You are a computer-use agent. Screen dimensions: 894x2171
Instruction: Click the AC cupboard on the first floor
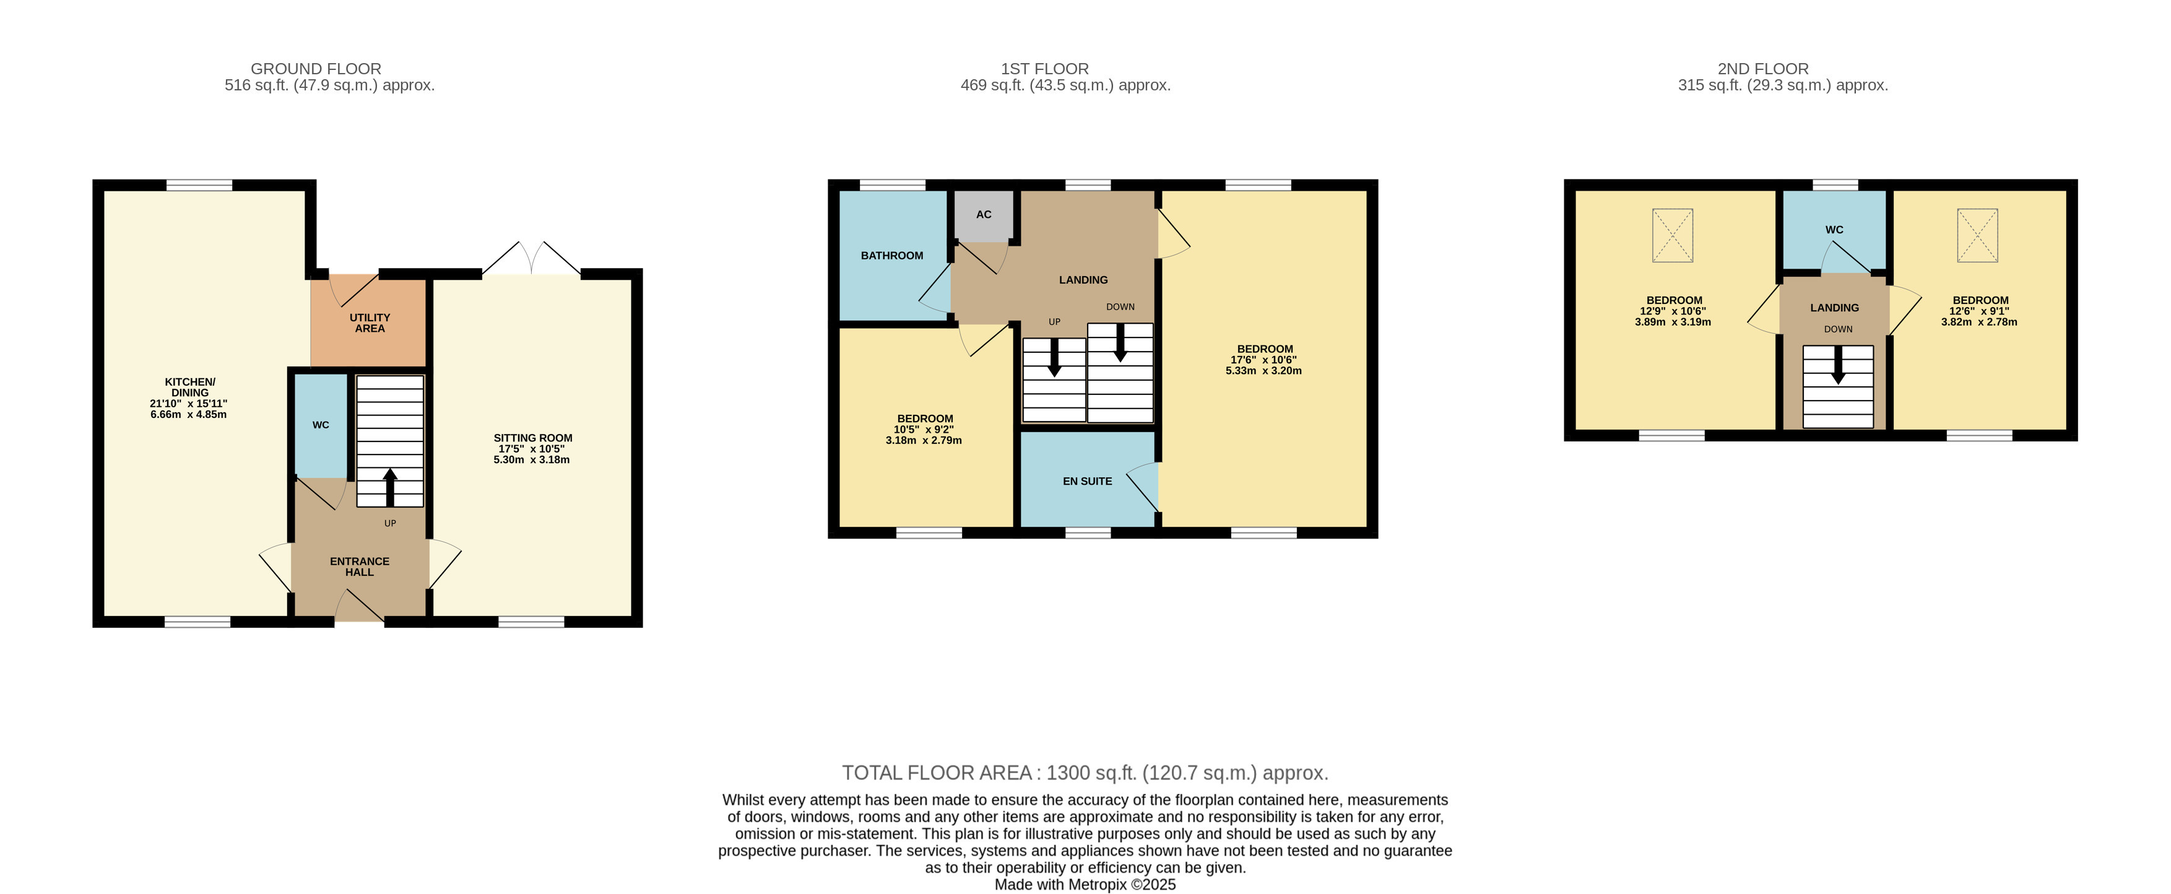[982, 215]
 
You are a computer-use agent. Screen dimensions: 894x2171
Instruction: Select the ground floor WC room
[320, 425]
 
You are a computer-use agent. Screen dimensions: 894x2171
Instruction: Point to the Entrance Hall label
[360, 567]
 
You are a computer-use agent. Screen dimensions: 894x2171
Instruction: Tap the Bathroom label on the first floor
[891, 255]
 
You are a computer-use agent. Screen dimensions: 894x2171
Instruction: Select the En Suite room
[1087, 481]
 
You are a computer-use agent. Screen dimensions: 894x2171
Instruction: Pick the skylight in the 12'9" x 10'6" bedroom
[1672, 235]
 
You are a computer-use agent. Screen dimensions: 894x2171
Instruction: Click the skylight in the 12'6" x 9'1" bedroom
[1977, 235]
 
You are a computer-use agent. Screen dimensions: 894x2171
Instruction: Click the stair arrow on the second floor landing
[1838, 365]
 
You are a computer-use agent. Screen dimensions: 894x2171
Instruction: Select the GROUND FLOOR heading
[316, 68]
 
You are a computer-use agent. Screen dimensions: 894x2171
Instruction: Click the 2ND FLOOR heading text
[1763, 68]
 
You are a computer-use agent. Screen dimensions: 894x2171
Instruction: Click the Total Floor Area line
[1085, 773]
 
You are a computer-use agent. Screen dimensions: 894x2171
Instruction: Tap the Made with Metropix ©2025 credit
[1085, 885]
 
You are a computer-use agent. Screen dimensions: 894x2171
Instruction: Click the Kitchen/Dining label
[189, 387]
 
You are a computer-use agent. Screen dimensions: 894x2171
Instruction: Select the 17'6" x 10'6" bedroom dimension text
[1263, 360]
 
